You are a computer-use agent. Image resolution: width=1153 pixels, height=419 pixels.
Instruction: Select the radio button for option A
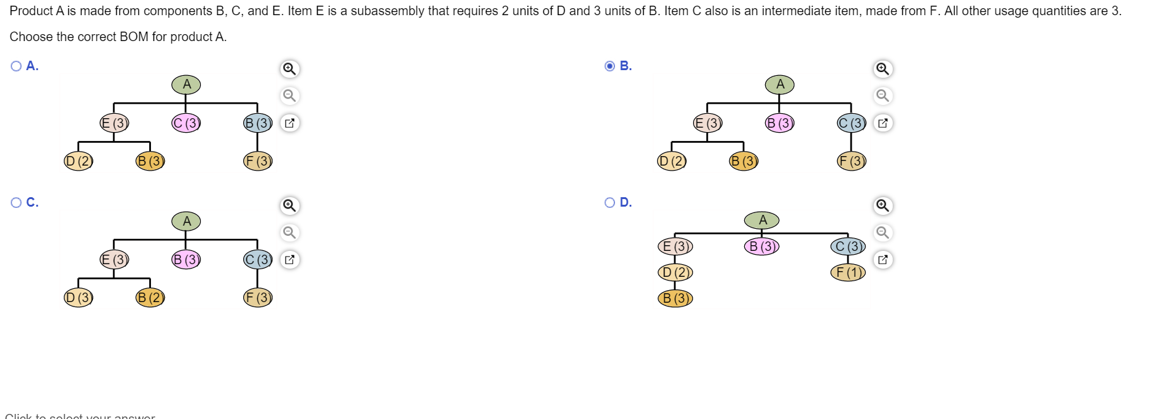point(16,66)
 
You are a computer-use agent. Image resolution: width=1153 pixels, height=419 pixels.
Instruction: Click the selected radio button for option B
point(610,66)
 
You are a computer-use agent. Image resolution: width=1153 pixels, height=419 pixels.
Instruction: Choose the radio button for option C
point(16,203)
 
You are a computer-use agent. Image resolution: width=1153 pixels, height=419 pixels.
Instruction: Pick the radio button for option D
point(610,203)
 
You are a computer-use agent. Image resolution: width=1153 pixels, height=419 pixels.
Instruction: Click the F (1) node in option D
point(848,272)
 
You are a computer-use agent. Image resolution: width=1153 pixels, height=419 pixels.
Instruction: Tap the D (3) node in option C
point(79,298)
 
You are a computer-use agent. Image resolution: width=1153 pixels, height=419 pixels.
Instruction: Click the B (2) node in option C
point(150,298)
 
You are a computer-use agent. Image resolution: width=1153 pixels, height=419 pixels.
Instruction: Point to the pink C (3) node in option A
point(186,123)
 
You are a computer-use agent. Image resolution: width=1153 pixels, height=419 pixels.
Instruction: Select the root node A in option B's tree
point(780,85)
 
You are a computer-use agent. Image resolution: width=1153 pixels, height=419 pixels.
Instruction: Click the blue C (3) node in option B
point(851,123)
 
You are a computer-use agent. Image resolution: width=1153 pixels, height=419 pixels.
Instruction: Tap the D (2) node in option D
point(675,272)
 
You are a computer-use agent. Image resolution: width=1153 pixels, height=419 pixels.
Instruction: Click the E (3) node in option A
point(114,123)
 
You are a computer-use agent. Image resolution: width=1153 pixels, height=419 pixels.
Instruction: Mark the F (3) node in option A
point(258,161)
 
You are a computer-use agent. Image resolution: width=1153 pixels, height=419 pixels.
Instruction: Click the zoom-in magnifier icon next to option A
point(289,69)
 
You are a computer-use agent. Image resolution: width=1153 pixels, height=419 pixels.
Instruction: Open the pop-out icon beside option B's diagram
point(883,123)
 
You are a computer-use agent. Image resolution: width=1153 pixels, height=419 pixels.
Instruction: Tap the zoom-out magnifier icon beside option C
point(289,233)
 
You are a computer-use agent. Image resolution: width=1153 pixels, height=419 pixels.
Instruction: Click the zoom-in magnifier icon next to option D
point(883,206)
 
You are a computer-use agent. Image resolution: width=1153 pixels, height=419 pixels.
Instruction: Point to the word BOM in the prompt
point(134,37)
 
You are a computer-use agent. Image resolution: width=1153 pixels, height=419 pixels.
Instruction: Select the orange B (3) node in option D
point(675,298)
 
